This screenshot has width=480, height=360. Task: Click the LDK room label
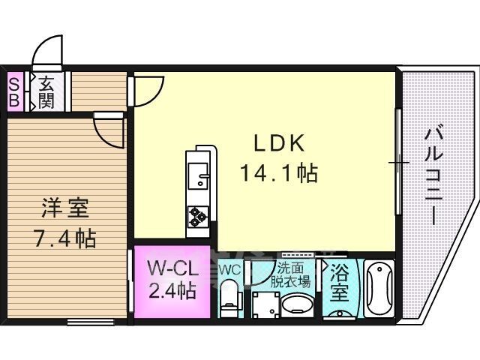[x=279, y=143]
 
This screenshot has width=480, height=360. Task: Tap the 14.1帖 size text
[x=279, y=173]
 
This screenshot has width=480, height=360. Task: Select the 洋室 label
[x=65, y=208]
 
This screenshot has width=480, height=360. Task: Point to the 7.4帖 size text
[x=65, y=238]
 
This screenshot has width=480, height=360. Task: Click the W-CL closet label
[x=173, y=269]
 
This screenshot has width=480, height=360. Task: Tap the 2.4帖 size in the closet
[x=172, y=290]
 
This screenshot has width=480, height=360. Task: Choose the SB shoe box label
[x=14, y=91]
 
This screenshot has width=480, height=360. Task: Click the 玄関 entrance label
[x=46, y=92]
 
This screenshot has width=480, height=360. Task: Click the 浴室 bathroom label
[x=340, y=283]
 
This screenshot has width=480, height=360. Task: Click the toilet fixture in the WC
[x=229, y=298]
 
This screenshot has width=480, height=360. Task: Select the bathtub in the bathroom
[x=379, y=289]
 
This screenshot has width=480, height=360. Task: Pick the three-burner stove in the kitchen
[x=198, y=217]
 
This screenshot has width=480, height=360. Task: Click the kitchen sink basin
[x=198, y=175]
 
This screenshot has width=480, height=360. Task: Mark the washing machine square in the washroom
[x=265, y=305]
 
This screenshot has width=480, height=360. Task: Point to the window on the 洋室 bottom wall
[x=91, y=322]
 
